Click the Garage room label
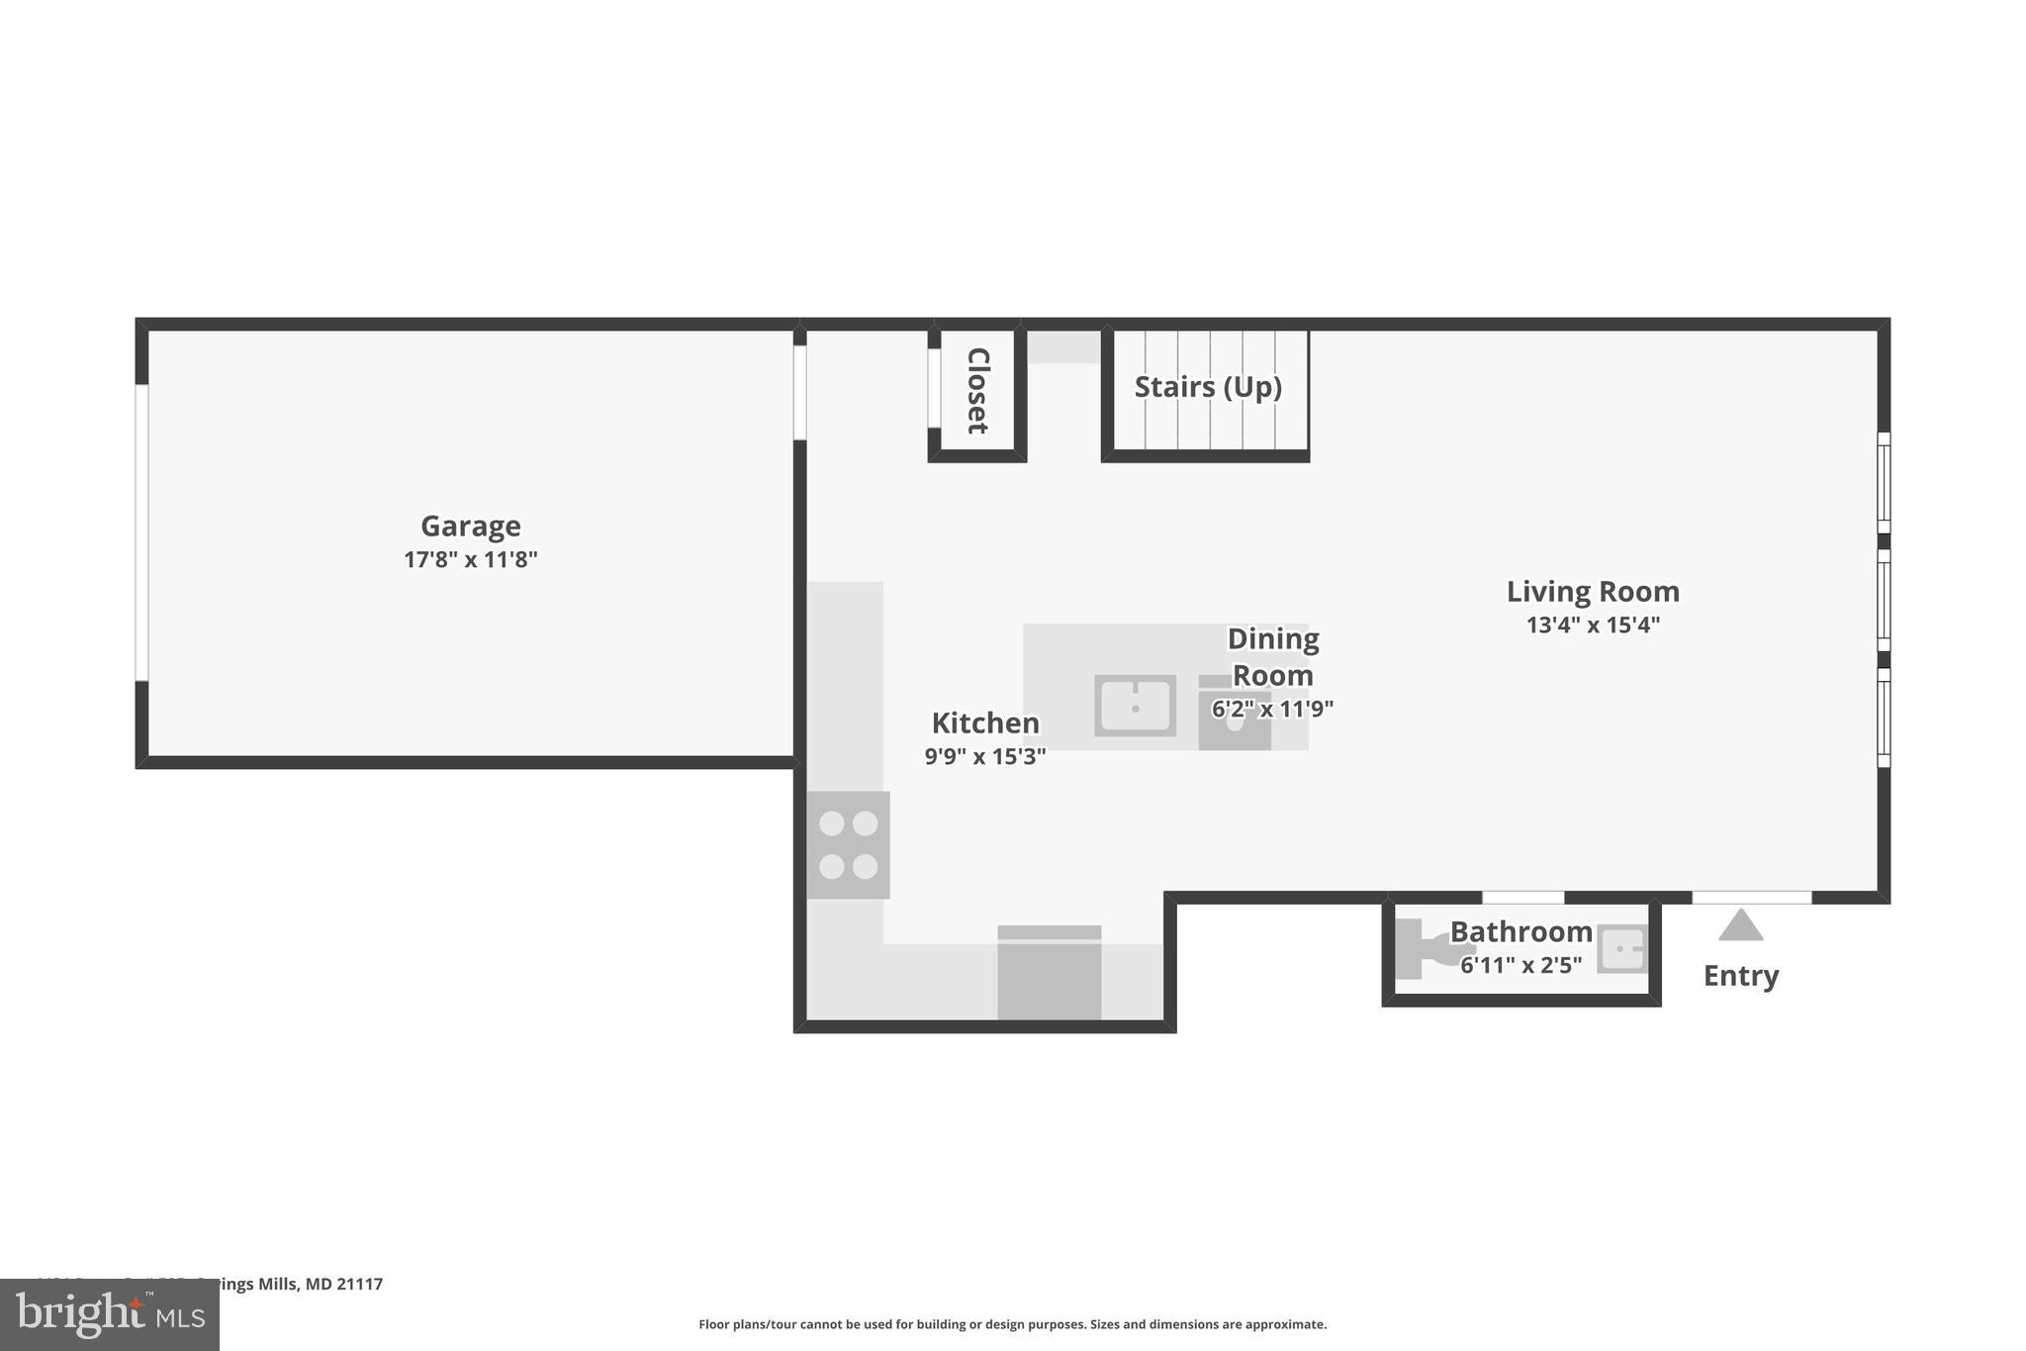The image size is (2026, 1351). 470,526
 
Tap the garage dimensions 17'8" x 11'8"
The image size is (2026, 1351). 470,560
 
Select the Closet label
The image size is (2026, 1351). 977,390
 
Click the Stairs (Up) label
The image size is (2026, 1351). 1208,387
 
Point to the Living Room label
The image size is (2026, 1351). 1593,592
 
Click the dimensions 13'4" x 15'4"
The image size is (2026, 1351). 1593,626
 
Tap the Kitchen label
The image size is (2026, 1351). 985,724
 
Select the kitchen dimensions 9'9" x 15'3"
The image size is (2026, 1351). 985,757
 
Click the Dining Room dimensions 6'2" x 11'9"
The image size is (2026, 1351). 1272,709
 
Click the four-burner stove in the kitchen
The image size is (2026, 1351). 848,844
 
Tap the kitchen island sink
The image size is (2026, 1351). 1135,706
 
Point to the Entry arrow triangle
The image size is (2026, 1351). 1740,926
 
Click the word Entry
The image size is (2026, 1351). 1740,976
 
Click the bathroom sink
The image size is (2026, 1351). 1622,949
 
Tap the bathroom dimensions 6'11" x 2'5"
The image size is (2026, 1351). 1520,965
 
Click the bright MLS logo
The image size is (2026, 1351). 109,1315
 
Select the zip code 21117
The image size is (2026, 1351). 359,1284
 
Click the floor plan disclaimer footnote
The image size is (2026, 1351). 1012,1324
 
